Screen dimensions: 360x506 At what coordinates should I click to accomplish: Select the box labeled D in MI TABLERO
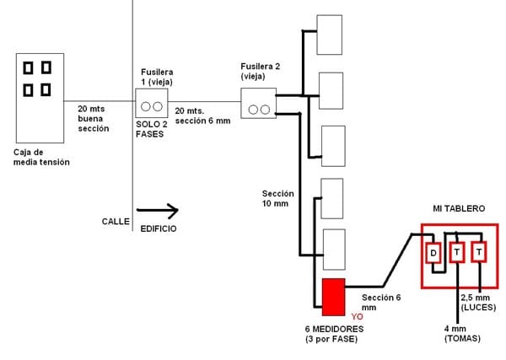(433, 253)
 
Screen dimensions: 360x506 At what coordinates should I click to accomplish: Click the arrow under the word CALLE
(156, 209)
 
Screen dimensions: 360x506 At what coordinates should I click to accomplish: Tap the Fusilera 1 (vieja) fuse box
(151, 107)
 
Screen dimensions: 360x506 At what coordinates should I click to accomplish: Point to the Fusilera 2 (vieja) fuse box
(259, 108)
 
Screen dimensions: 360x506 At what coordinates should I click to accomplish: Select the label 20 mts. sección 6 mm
(202, 116)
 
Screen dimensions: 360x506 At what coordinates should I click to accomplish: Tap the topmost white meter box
(329, 34)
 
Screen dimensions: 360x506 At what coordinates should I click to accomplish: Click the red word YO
(356, 318)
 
